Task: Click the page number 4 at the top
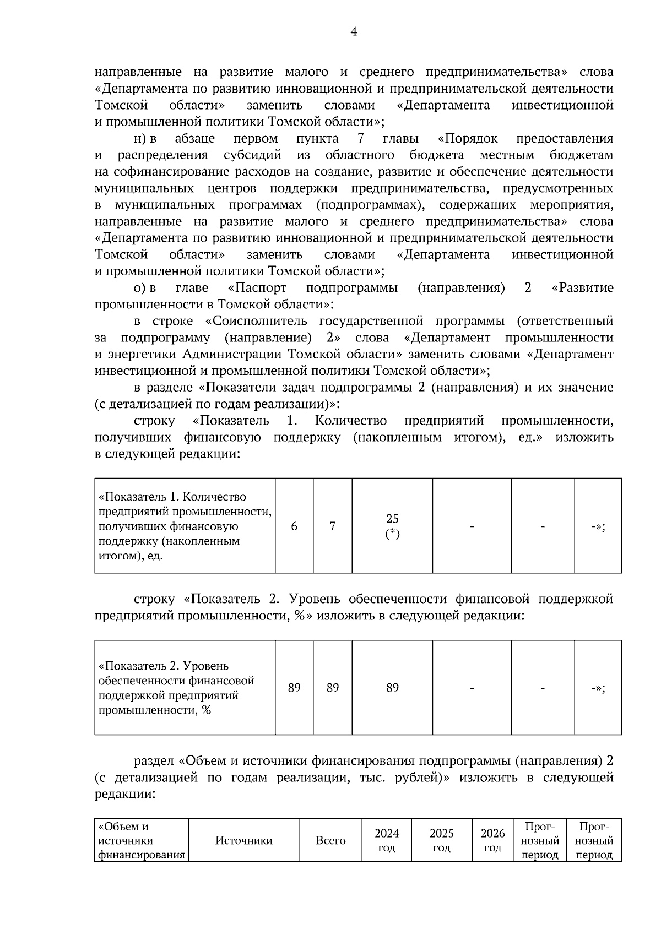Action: (x=354, y=32)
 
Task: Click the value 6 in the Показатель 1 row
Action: (x=294, y=526)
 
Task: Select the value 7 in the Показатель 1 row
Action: (x=333, y=526)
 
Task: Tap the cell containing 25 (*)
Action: (x=392, y=526)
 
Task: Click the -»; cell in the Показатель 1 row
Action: (x=598, y=526)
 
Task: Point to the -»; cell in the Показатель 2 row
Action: (x=598, y=688)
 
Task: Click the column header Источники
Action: (x=243, y=841)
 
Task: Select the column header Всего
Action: (x=330, y=841)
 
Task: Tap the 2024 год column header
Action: (x=387, y=841)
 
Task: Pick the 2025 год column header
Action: (x=442, y=841)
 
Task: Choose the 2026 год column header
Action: (x=492, y=841)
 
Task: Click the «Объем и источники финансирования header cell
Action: (x=141, y=841)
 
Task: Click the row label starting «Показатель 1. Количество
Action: (x=185, y=526)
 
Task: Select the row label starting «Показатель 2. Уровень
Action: (x=176, y=688)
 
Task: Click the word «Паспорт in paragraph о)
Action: (x=258, y=288)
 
